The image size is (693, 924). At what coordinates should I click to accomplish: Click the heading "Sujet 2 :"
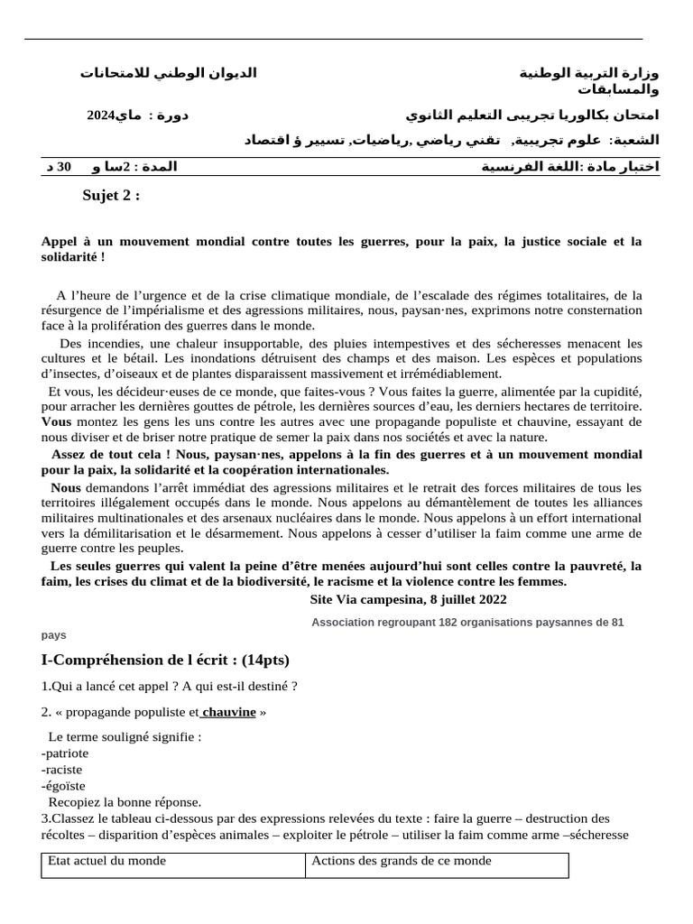[111, 196]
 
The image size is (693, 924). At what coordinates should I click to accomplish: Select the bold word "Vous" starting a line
[56, 421]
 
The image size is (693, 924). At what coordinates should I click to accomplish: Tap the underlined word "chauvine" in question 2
[229, 712]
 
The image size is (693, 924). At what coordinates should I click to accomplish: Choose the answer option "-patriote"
[65, 753]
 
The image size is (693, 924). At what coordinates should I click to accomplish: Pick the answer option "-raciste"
[61, 769]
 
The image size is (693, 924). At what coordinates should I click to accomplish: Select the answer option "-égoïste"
[63, 786]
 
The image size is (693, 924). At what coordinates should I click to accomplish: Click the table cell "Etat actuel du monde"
[106, 861]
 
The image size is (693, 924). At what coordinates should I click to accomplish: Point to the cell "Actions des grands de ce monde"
[402, 861]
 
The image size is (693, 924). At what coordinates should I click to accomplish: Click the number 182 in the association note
[448, 623]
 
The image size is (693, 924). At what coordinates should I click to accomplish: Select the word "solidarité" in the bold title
[73, 257]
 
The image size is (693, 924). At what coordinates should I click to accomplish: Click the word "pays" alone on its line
[54, 635]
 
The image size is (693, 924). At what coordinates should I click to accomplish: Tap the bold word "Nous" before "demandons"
[66, 487]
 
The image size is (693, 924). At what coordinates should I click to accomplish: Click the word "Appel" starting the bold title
[60, 241]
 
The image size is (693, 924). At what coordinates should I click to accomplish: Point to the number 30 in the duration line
[64, 167]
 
